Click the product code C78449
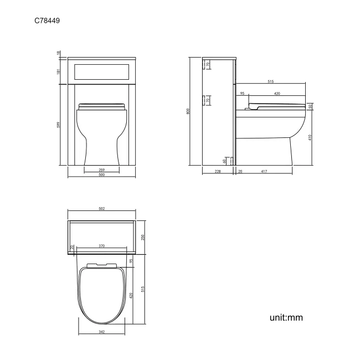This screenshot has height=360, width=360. pos(47,21)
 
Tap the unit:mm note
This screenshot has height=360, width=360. pos(286,317)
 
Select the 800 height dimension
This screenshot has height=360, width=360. pos(188,111)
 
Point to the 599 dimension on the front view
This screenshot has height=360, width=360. pos(59,125)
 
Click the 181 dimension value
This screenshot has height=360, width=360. pos(59,70)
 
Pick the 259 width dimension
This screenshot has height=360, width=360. pos(101,169)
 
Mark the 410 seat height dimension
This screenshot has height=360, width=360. pos(310,137)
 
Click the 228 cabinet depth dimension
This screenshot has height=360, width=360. pos(218,172)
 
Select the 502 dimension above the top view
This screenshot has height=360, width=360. pos(101,209)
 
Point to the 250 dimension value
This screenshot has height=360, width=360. pos(142,237)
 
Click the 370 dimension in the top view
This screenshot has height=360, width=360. pos(101,245)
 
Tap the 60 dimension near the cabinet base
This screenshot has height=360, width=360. pos(224,161)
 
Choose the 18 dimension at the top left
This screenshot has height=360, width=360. pos(59,53)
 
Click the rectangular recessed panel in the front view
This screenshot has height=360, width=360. pos(101,70)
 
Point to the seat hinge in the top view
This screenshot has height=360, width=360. pos(101,264)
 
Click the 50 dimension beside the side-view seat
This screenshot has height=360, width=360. pos(310,106)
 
